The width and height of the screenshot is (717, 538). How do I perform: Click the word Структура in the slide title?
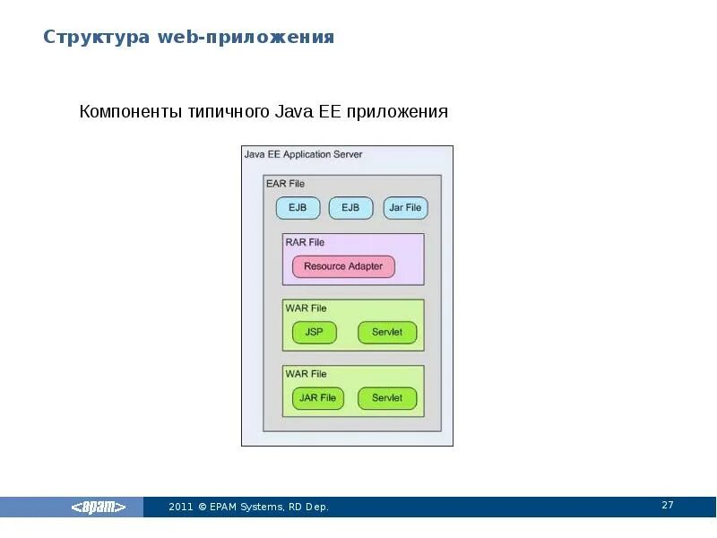coord(98,37)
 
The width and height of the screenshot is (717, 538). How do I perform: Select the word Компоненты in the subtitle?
coord(131,112)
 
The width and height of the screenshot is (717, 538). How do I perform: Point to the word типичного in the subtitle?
coord(229,112)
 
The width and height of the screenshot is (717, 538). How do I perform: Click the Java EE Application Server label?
coord(303,154)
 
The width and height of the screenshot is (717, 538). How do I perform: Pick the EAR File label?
coord(285,184)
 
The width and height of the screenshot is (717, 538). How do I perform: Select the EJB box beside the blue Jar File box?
coord(350,208)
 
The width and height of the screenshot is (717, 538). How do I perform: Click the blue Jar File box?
coord(405,208)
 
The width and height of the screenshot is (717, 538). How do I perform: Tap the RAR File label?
coord(305,242)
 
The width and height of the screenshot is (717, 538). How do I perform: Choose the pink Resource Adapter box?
coord(343,266)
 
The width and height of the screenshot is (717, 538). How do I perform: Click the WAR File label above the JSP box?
coord(306,308)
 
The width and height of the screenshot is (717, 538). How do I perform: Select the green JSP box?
coord(314,332)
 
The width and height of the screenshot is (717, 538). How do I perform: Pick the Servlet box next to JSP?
coord(387,332)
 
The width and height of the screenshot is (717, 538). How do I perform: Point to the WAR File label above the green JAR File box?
coord(306,374)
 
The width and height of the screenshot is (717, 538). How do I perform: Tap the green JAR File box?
coord(318,398)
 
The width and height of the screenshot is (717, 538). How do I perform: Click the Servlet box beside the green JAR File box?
coord(387,398)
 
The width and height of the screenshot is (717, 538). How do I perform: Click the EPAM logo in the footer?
coord(99,508)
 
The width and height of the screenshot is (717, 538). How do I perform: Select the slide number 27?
coord(668,506)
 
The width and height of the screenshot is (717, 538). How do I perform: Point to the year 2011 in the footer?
coord(181,508)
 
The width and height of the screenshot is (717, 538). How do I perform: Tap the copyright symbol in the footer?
coord(203,508)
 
